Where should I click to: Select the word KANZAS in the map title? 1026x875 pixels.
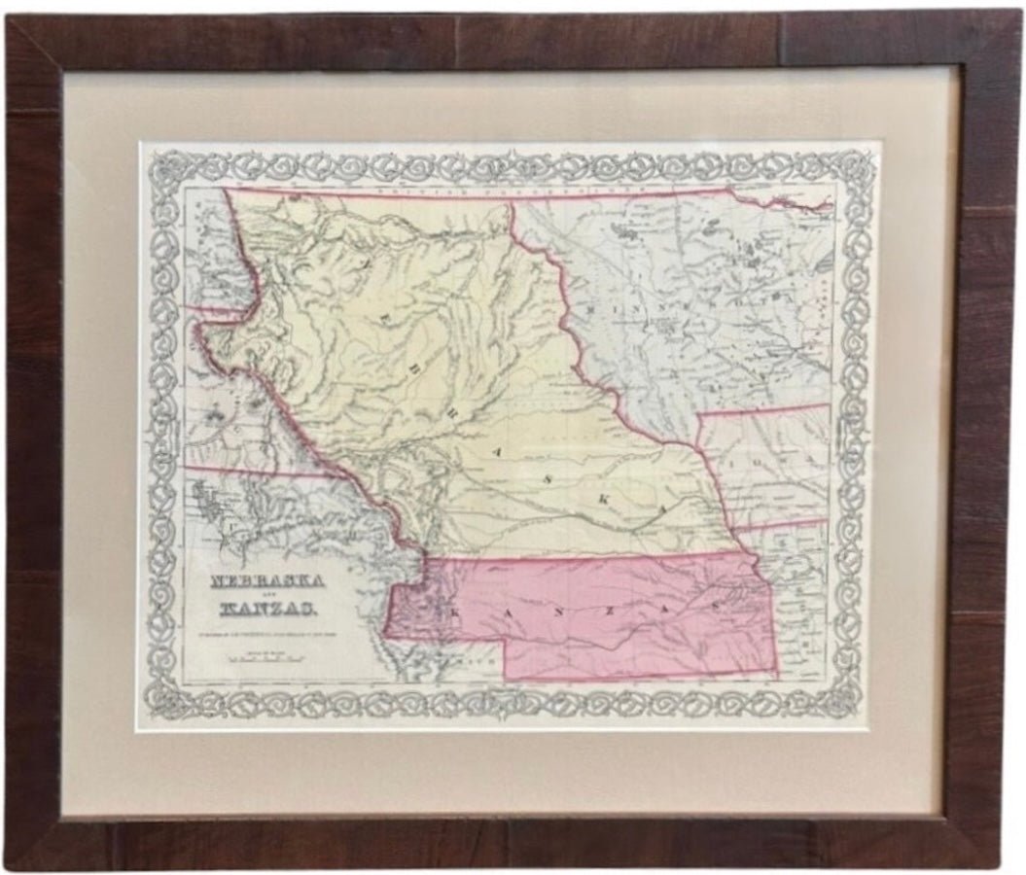pyautogui.click(x=265, y=611)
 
